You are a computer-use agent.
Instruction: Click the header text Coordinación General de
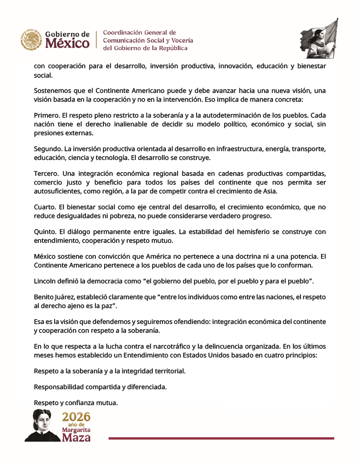click(x=139, y=32)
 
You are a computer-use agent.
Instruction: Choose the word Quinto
click(x=46, y=232)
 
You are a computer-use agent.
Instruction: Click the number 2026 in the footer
click(x=76, y=417)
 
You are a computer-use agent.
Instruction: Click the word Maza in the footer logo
click(x=77, y=437)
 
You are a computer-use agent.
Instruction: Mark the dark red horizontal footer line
click(x=221, y=439)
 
